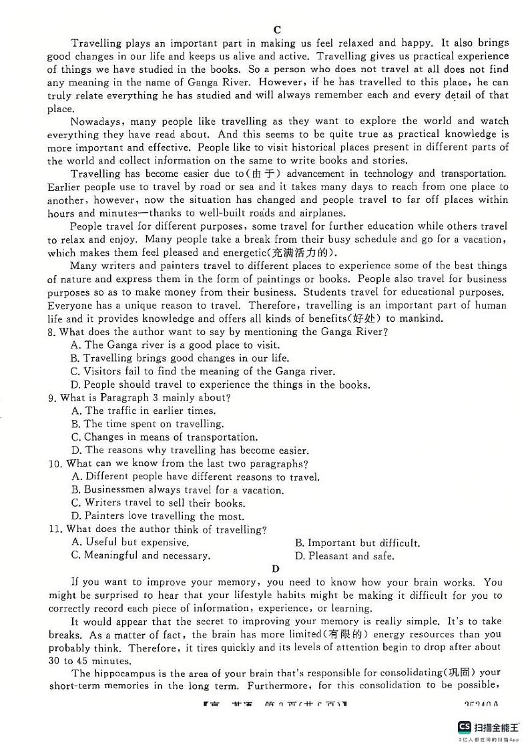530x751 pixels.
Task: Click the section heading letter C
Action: click(277, 29)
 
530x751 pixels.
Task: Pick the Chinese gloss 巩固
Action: click(460, 673)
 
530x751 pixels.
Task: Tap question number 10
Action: click(55, 464)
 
